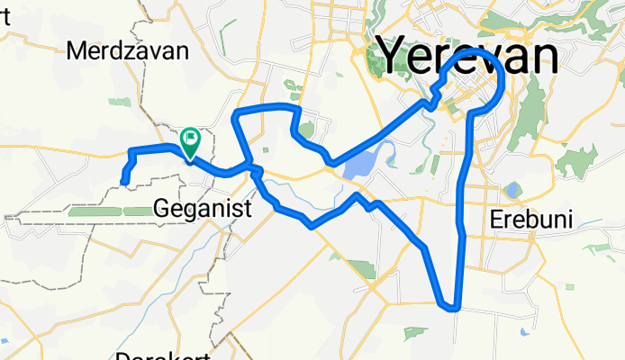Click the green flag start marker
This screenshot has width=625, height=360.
191,139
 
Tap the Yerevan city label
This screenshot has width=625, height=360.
467,56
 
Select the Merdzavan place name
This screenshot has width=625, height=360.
127,51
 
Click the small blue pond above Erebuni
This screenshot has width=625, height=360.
512,190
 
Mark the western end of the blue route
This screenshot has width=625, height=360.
123,184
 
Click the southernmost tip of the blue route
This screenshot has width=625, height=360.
449,308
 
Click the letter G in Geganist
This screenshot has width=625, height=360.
163,208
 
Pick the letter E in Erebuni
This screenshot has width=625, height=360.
496,220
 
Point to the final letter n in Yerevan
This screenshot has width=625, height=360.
543,56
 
